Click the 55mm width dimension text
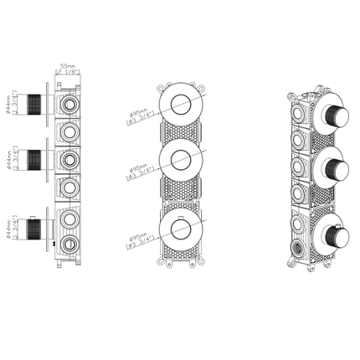(x=68, y=64)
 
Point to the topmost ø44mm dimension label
(x=8, y=103)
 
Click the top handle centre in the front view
(x=179, y=104)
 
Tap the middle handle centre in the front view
(x=179, y=161)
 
